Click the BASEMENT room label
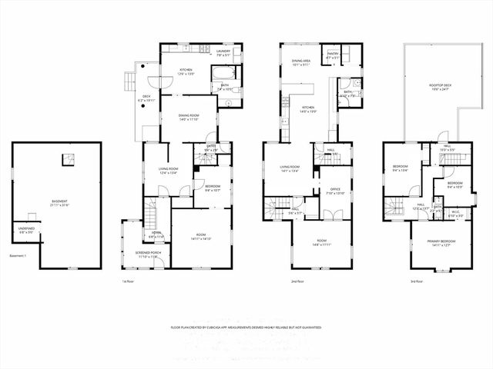click(59, 203)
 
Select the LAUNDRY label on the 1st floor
click(223, 53)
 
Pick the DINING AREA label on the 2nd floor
click(301, 63)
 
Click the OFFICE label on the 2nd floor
click(335, 191)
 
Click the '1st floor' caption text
click(129, 282)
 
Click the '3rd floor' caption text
click(416, 282)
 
